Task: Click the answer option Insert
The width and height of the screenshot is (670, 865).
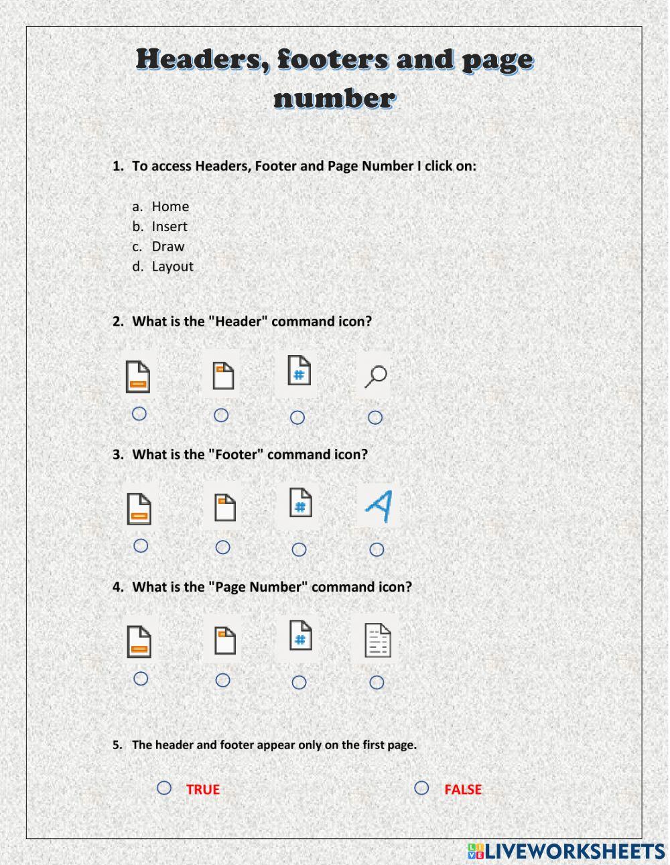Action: (169, 226)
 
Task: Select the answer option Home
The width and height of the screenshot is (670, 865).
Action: (170, 206)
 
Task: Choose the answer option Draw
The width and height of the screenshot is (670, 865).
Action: (167, 247)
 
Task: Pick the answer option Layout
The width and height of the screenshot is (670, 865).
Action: (172, 267)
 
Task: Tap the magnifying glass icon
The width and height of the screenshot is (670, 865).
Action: (375, 376)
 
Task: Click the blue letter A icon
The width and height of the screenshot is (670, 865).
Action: (378, 507)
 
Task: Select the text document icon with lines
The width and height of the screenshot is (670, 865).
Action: (377, 640)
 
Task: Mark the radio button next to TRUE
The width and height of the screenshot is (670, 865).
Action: (164, 788)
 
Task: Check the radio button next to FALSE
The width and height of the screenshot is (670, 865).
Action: (421, 788)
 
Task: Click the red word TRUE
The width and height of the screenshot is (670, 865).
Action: (202, 789)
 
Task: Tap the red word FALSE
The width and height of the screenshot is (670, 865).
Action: (462, 789)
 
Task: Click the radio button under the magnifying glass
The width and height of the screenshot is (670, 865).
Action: (375, 417)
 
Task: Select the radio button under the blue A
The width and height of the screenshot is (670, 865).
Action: (377, 549)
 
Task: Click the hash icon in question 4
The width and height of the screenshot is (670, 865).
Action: (300, 636)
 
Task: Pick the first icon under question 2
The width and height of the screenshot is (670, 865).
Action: (138, 377)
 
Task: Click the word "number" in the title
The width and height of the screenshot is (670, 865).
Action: (334, 98)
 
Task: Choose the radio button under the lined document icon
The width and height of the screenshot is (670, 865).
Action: (377, 682)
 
